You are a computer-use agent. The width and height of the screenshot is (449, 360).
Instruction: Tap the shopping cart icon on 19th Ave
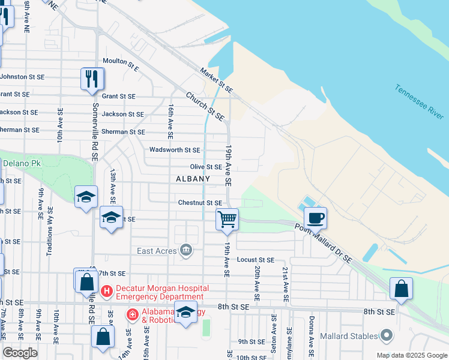point(228,219)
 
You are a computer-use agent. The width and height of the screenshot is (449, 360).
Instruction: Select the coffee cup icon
point(315,217)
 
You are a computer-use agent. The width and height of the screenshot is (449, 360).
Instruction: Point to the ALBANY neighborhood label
point(193,179)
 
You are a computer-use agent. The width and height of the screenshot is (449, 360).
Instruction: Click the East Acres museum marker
point(186,250)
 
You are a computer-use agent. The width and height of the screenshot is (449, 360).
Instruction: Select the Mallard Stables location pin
point(386,335)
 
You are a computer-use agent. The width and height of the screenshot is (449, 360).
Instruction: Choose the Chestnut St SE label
point(200,203)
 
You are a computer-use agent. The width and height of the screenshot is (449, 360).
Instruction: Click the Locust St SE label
point(255,260)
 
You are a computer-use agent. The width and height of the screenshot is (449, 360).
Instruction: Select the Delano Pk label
point(22,163)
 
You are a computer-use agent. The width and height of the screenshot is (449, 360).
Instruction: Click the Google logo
point(20,353)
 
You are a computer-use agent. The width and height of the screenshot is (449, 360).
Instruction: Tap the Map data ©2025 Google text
point(411,355)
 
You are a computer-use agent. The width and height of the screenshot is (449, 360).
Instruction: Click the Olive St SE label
point(206,167)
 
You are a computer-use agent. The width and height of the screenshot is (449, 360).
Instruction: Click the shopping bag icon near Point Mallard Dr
point(402,289)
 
